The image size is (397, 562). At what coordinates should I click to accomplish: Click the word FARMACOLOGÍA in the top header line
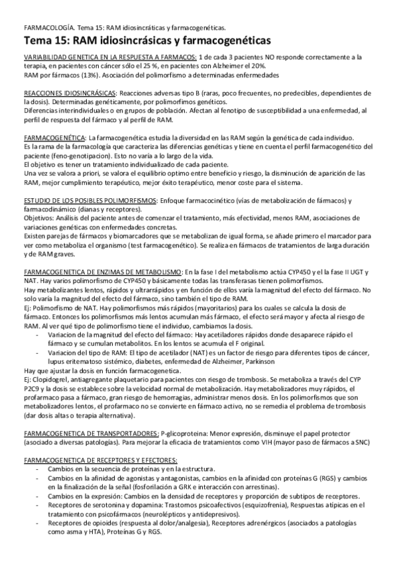pos(47,28)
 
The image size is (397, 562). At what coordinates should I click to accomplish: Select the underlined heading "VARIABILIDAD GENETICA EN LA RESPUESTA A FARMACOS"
pos(110,58)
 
